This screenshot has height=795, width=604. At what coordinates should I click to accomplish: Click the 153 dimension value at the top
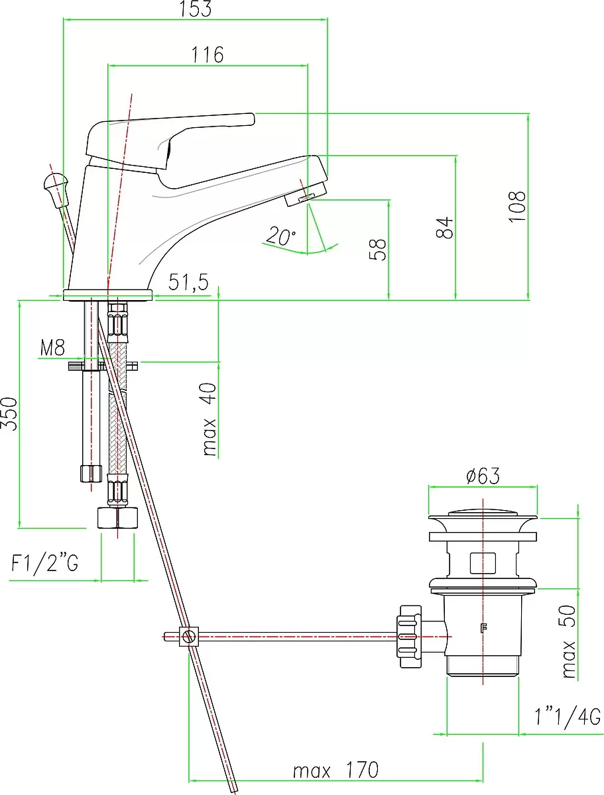tap(196, 9)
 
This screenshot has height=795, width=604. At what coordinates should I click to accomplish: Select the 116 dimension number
tap(208, 55)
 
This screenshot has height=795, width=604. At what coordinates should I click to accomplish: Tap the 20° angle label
tap(280, 235)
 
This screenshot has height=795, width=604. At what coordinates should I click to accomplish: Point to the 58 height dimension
tap(377, 249)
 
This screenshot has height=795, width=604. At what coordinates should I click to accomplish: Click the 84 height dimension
tap(445, 227)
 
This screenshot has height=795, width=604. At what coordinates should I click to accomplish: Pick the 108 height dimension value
tap(516, 207)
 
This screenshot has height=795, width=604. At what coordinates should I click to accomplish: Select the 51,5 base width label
tap(188, 282)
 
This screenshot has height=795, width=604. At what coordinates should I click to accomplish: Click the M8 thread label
tap(52, 348)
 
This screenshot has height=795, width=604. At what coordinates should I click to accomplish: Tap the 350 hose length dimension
tap(9, 413)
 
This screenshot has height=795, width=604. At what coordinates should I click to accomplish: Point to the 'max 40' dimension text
tap(210, 419)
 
